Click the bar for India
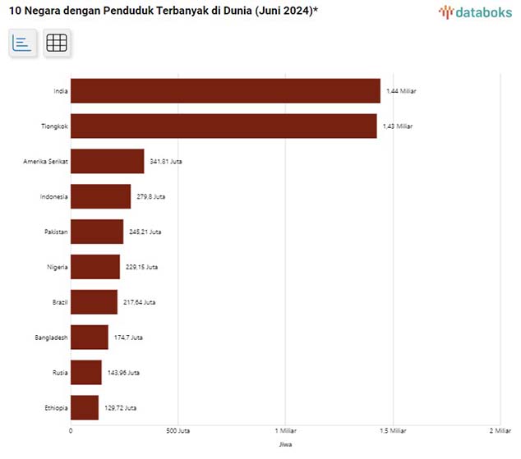tap(225, 91)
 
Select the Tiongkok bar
tap(224, 126)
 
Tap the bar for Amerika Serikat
tap(108, 162)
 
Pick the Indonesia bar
tap(100, 197)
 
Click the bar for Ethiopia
tap(85, 408)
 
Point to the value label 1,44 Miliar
tap(401, 91)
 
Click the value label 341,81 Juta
tap(166, 162)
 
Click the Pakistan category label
tap(56, 232)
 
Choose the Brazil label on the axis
tap(59, 302)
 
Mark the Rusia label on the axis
tap(59, 373)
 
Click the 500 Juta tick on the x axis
tap(178, 431)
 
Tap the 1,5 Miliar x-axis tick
tap(393, 431)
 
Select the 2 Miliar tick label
tap(500, 431)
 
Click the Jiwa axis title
tap(285, 444)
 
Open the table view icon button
tap(57, 44)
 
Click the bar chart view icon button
tap(22, 44)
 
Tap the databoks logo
tap(473, 12)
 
